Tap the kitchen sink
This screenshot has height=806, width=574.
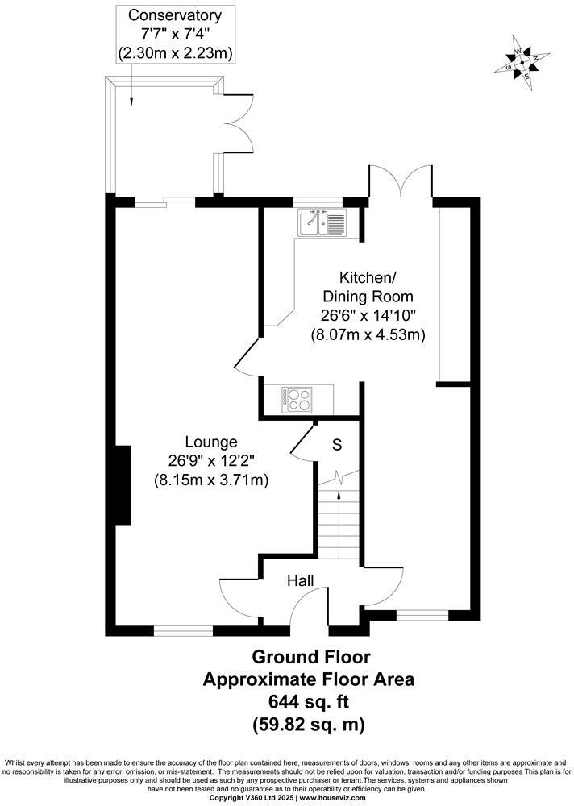(322, 222)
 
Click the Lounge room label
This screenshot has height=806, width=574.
(211, 442)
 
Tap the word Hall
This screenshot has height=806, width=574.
(301, 580)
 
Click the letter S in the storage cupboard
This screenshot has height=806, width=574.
(337, 444)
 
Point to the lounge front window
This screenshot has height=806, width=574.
(183, 631)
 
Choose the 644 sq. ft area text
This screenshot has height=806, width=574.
(308, 701)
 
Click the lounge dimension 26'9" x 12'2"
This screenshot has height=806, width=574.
(211, 461)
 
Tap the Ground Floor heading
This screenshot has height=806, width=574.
(309, 657)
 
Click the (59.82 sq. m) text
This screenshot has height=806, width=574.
(308, 724)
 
